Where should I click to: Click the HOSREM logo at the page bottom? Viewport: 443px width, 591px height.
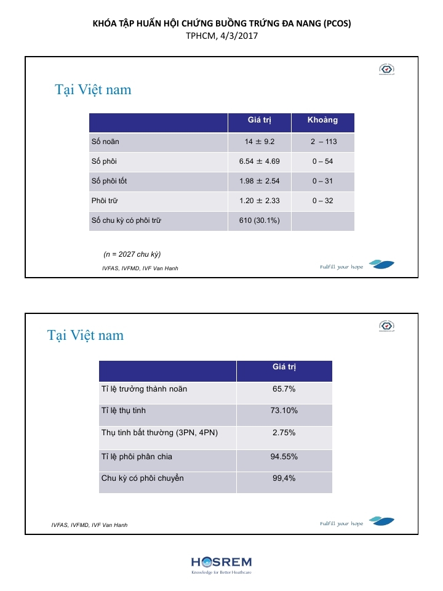click(x=221, y=564)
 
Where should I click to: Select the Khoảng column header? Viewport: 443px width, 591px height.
click(x=322, y=120)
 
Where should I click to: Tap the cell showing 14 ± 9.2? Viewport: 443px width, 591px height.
click(x=258, y=142)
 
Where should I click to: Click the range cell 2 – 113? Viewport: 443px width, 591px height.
click(x=323, y=142)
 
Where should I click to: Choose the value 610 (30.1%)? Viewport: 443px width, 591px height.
click(x=259, y=220)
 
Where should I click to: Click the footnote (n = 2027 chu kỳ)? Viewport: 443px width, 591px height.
click(x=132, y=254)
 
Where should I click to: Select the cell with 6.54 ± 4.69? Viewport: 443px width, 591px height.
click(x=259, y=161)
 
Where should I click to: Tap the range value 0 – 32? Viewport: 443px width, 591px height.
click(x=322, y=201)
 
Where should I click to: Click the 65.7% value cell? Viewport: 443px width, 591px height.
click(x=284, y=389)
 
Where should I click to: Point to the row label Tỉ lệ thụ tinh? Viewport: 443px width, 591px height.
click(x=124, y=411)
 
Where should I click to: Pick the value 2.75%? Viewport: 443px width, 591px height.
click(x=284, y=433)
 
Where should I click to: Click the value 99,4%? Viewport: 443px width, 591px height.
click(x=284, y=478)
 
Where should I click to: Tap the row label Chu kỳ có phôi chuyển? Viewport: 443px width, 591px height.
click(x=142, y=478)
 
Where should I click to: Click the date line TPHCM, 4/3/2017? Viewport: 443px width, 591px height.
click(x=221, y=36)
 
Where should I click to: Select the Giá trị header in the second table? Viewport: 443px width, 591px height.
click(x=284, y=367)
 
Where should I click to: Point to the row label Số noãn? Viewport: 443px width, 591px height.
click(x=105, y=142)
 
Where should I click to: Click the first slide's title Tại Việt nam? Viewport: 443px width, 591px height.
click(x=93, y=90)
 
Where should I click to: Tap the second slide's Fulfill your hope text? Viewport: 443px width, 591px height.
click(x=341, y=524)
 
